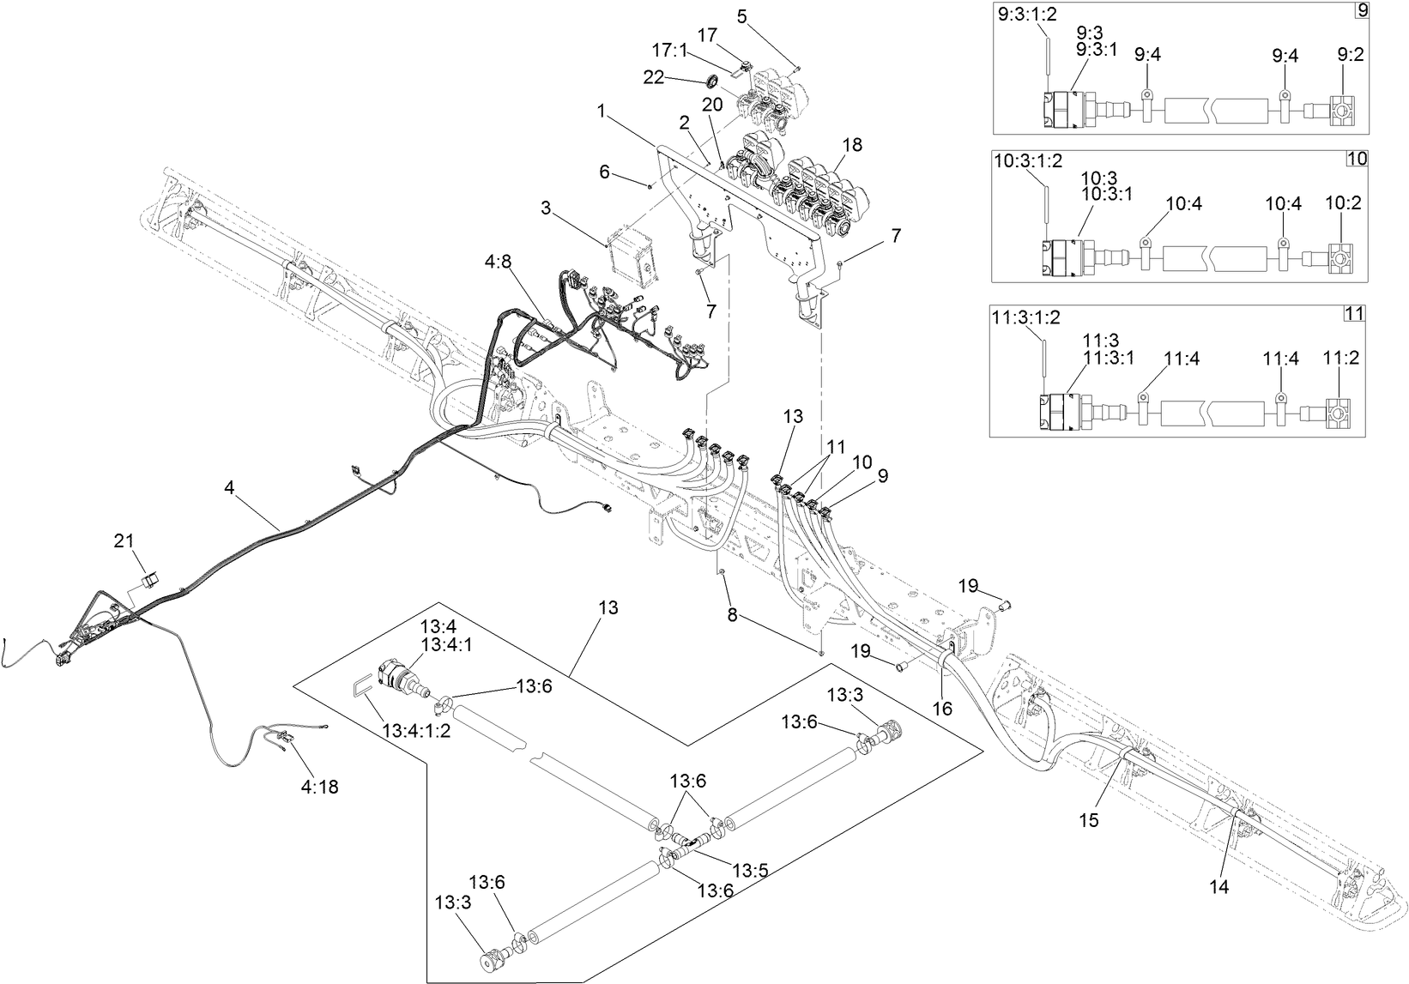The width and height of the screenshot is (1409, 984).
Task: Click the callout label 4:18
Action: pos(319,786)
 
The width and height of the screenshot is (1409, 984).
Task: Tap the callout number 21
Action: pos(124,540)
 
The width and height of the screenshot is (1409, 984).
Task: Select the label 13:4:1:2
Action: pos(416,731)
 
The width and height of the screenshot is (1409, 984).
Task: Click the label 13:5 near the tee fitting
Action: pos(750,870)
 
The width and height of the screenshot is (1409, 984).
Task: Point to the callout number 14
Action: pos(1219,888)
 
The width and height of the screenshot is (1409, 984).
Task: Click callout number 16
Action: pos(944,708)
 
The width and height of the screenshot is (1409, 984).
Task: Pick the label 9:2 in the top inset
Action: pos(1350,55)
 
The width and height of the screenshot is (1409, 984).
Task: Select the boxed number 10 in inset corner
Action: pos(1358,159)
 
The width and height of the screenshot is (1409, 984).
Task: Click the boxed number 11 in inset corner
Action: pos(1353,313)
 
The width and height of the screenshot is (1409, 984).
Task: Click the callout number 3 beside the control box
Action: pos(545,208)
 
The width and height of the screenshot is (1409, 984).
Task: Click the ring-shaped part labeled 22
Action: pos(712,81)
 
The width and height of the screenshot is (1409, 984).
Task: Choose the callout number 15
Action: pos(1089,820)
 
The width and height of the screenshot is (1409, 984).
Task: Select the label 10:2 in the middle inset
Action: pos(1344,203)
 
